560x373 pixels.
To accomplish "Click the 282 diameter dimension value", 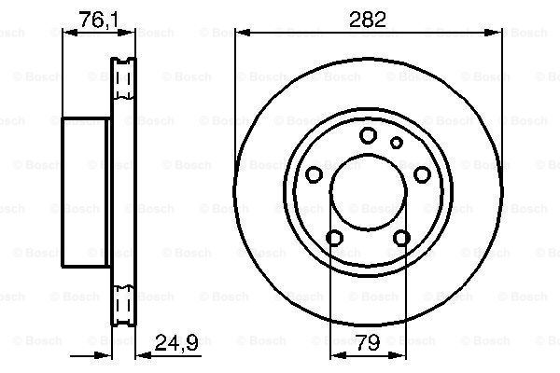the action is pyautogui.click(x=368, y=20).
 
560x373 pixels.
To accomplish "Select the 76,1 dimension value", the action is pyautogui.click(x=99, y=20).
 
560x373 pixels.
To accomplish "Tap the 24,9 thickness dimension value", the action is pyautogui.click(x=176, y=343).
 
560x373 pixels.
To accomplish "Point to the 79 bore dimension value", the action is pyautogui.click(x=368, y=342).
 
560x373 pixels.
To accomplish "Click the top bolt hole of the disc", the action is pyautogui.click(x=369, y=135).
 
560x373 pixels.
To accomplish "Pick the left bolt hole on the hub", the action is pyautogui.click(x=315, y=174).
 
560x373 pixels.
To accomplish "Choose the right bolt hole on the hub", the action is pyautogui.click(x=422, y=174).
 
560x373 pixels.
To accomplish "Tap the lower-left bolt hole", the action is pyautogui.click(x=335, y=238).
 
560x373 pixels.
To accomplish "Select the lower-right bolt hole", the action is pyautogui.click(x=401, y=238).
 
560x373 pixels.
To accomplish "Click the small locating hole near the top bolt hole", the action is pyautogui.click(x=396, y=143).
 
